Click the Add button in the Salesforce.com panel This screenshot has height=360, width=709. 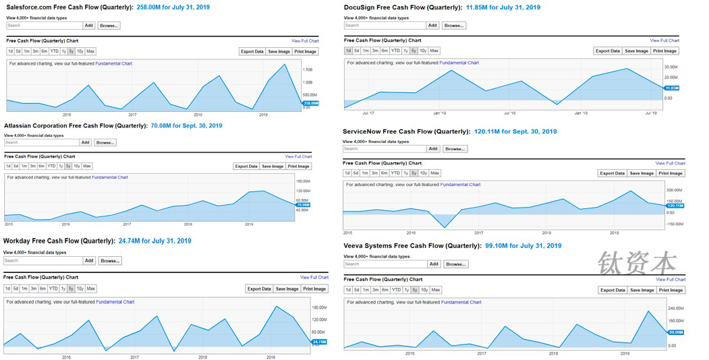pyautogui.click(x=89, y=26)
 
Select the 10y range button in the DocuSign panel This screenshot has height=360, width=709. pyautogui.click(x=423, y=51)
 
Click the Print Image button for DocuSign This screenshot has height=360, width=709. pyautogui.click(x=664, y=51)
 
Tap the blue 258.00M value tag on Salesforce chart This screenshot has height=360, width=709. pyautogui.click(x=311, y=103)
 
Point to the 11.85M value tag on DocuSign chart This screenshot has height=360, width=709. pyautogui.click(x=672, y=88)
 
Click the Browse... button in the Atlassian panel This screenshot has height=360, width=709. pyautogui.click(x=105, y=142)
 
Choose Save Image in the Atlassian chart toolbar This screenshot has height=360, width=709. pyautogui.click(x=273, y=166)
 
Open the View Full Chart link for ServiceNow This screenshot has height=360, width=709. pyautogui.click(x=670, y=163)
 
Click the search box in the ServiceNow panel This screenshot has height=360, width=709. pyautogui.click(x=384, y=148)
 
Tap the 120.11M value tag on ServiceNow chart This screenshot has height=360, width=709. pyautogui.click(x=675, y=206)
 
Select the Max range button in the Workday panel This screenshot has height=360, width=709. pyautogui.click(x=91, y=289)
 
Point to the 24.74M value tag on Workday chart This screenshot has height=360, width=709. pyautogui.click(x=319, y=342)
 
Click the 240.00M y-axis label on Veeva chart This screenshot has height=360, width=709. pyautogui.click(x=675, y=308)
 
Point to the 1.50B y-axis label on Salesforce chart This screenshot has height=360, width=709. pyautogui.click(x=308, y=69)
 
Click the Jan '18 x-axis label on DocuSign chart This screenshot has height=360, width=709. pyautogui.click(x=440, y=113)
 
